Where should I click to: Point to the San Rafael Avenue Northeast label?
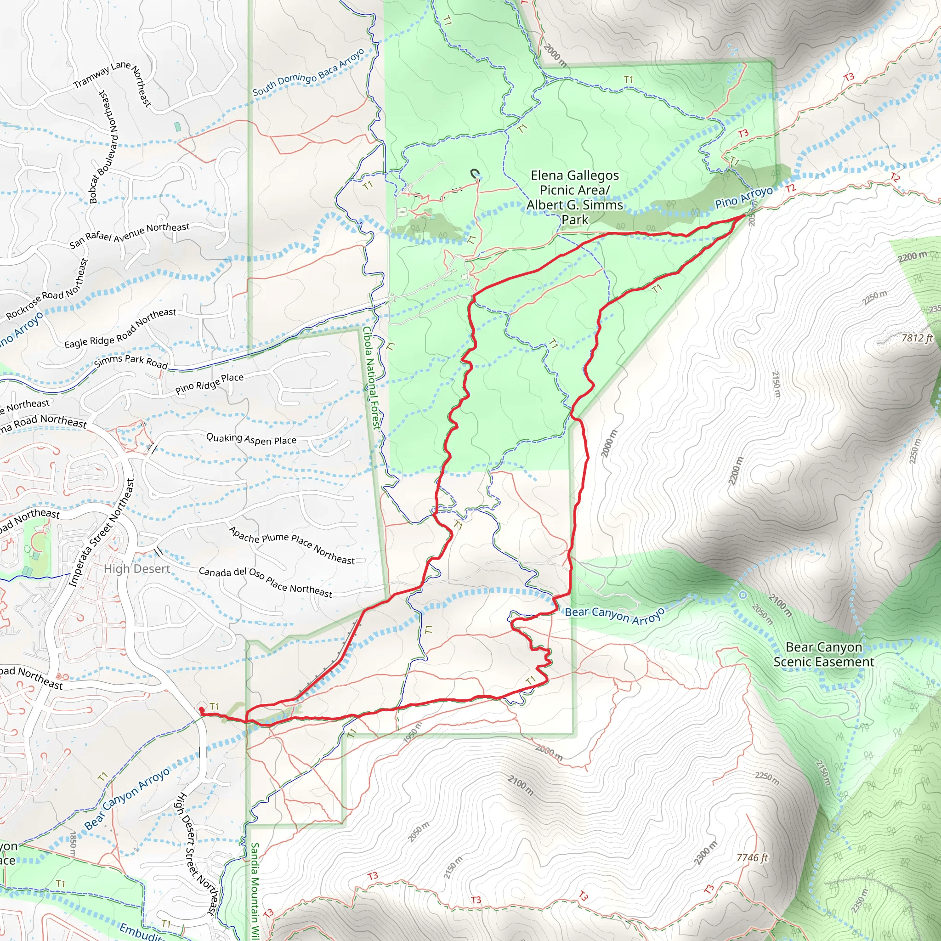(x=129, y=234)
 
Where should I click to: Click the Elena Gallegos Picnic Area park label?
(x=575, y=197)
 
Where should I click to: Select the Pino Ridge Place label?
(x=210, y=383)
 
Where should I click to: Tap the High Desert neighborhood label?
(x=137, y=569)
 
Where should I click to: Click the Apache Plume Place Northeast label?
(x=292, y=545)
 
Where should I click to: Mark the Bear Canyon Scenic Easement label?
(x=824, y=654)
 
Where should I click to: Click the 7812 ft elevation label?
(x=917, y=338)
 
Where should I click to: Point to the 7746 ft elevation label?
(x=752, y=857)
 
